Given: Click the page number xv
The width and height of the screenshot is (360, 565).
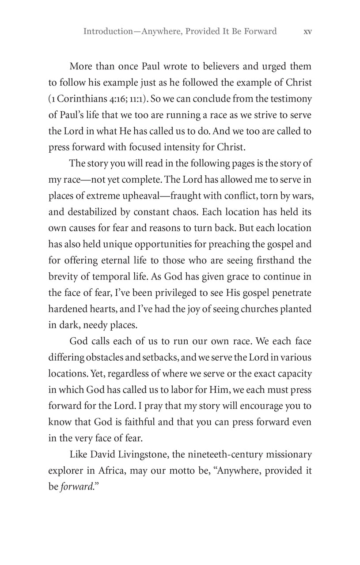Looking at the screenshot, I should pos(308,31).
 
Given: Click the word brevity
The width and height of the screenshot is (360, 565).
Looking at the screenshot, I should pos(62,277).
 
